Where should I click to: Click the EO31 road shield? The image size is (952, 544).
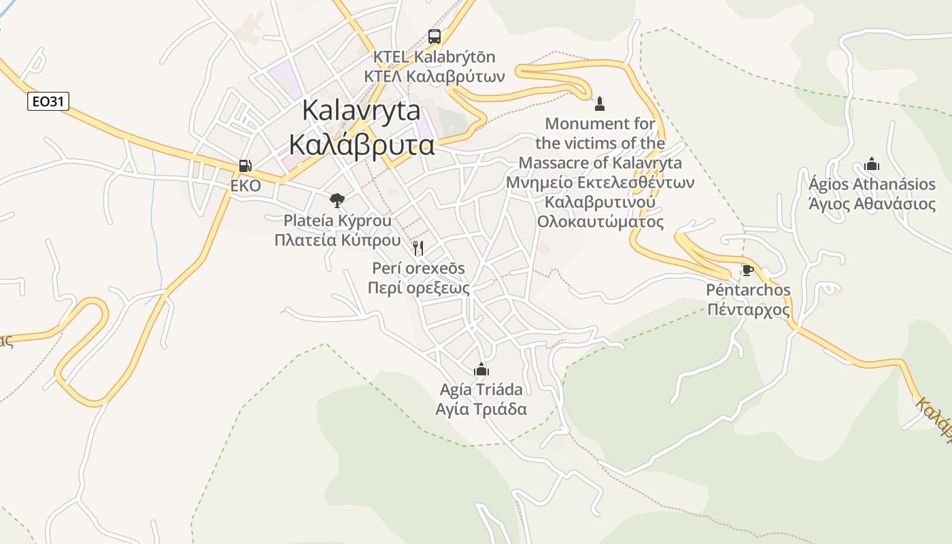49,102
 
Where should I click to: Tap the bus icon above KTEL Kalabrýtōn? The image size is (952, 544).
435,37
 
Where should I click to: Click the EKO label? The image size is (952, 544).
245,186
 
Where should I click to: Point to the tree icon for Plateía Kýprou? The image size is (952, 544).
337,200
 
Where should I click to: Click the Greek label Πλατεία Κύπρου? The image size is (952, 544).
337,240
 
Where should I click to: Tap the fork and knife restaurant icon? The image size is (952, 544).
418,248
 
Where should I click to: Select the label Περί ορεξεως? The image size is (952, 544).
418,288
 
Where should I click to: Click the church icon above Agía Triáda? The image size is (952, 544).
481,369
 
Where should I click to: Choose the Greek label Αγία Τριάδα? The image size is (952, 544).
481,409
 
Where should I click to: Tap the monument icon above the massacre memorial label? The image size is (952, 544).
600,104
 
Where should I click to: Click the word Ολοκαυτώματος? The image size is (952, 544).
600,222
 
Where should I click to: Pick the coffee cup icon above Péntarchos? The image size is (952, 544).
748,271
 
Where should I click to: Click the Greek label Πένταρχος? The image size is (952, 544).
748,310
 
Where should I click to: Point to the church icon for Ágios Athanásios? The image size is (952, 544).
872,164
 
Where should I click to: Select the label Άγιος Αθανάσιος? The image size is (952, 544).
872,204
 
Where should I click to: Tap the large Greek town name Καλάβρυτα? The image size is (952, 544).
361,145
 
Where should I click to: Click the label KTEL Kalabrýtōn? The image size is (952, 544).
435,56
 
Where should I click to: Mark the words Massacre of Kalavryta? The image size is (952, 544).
600,163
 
